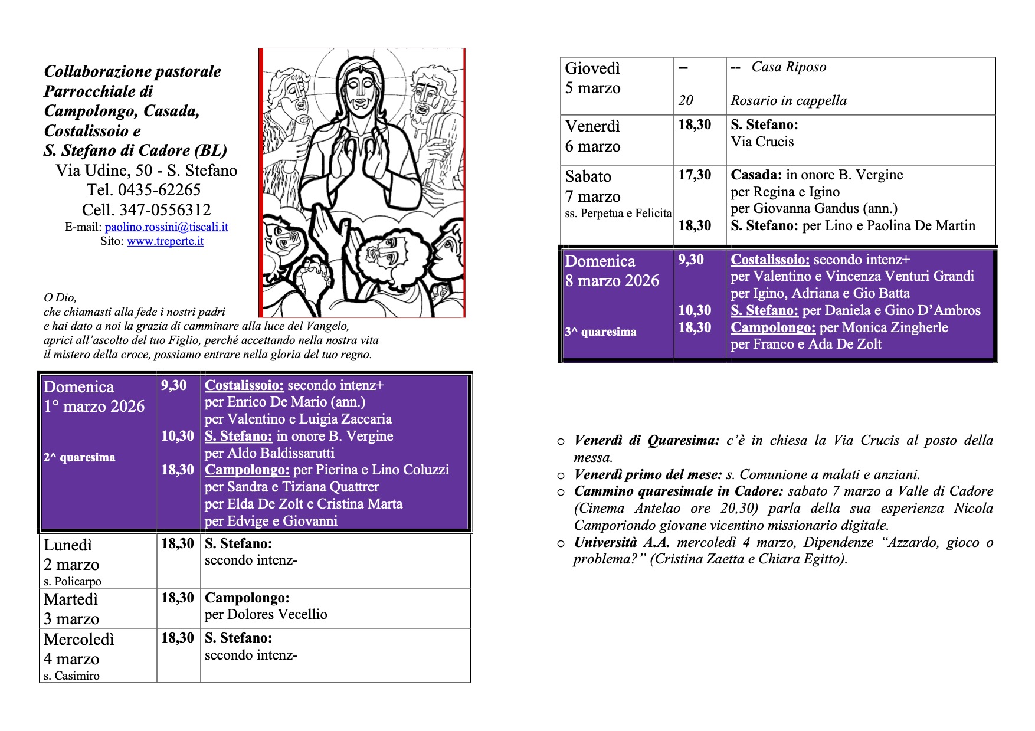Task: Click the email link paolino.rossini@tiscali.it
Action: pos(166,227)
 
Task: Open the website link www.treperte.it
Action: pos(165,241)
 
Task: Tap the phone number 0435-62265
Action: pos(159,190)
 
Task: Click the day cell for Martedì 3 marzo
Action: pos(71,609)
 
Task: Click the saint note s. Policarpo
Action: pos(73,581)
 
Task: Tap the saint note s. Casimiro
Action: pos(71,676)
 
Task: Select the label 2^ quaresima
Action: pos(79,457)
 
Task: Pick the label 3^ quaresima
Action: pos(601,332)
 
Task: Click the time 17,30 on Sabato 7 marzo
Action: pos(695,175)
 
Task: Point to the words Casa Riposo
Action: pos(789,67)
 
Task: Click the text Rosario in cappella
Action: pos(788,101)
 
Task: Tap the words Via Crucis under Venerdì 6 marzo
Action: pos(762,142)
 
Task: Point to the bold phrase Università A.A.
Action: pos(622,543)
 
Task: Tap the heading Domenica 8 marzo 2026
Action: pos(612,271)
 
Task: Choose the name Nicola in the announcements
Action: pos(974,509)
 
